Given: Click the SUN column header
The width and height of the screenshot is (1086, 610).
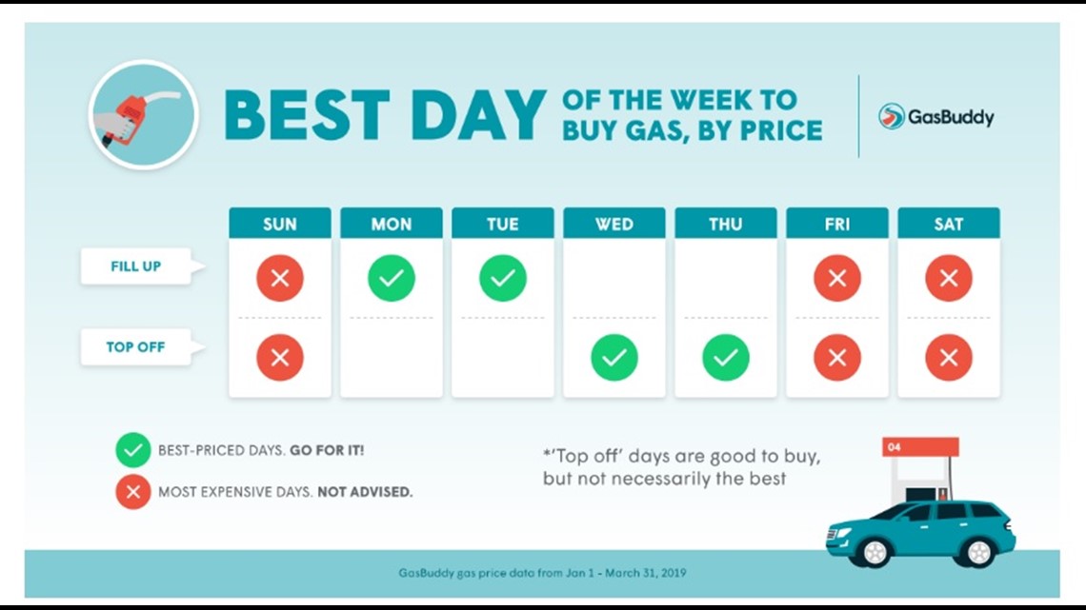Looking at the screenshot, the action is click(280, 224).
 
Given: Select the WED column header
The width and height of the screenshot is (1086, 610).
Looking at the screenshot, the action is click(614, 224).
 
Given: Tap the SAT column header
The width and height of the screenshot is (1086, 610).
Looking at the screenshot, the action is click(949, 224).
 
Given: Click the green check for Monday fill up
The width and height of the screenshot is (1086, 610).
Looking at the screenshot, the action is click(392, 278).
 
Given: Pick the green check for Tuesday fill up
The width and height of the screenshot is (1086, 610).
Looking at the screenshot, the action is click(503, 278).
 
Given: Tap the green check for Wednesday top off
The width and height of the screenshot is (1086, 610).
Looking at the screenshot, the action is click(614, 358).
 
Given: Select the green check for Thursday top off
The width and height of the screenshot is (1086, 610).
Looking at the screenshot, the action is click(726, 358).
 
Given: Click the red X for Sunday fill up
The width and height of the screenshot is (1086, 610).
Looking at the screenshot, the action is click(280, 278).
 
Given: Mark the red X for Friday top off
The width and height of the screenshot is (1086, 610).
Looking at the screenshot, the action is click(837, 358).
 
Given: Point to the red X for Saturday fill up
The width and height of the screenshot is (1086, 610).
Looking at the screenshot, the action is click(949, 278).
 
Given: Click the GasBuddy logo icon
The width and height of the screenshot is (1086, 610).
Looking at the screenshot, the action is click(892, 116).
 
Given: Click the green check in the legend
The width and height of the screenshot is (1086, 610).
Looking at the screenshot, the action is click(133, 450).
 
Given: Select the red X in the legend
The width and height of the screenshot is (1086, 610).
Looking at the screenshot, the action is click(133, 492).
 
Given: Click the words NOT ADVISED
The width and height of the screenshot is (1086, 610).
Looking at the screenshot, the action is click(365, 492).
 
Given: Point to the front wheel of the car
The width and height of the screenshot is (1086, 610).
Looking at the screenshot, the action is click(875, 552).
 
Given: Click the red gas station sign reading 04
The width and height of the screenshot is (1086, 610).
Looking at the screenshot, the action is click(920, 446).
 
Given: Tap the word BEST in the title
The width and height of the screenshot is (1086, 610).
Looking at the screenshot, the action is click(307, 115).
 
